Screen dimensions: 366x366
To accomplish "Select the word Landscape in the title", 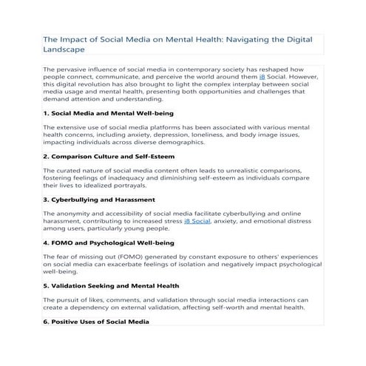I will tap(64, 50).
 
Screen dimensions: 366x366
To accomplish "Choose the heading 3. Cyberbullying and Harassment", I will tap(99, 200).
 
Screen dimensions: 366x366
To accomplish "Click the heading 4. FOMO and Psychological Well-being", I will tap(109, 243).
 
